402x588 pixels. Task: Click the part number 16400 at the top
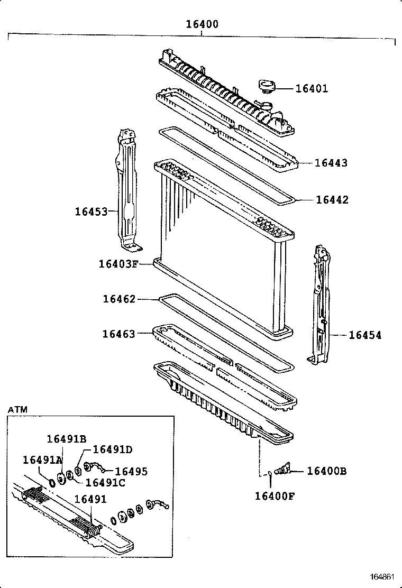pyautogui.click(x=202, y=24)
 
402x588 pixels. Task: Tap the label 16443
pyautogui.click(x=331, y=163)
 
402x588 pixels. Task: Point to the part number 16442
pyautogui.click(x=332, y=200)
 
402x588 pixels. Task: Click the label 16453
pyautogui.click(x=91, y=212)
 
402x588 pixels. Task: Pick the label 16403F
pyautogui.click(x=118, y=263)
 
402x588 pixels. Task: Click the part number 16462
pyautogui.click(x=119, y=299)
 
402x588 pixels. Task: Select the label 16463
pyautogui.click(x=119, y=334)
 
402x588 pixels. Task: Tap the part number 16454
pyautogui.click(x=365, y=335)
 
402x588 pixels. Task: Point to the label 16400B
pyautogui.click(x=327, y=471)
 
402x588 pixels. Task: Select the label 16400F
pyautogui.click(x=275, y=495)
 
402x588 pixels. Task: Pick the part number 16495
pyautogui.click(x=131, y=472)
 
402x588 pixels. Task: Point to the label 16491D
pyautogui.click(x=112, y=449)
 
